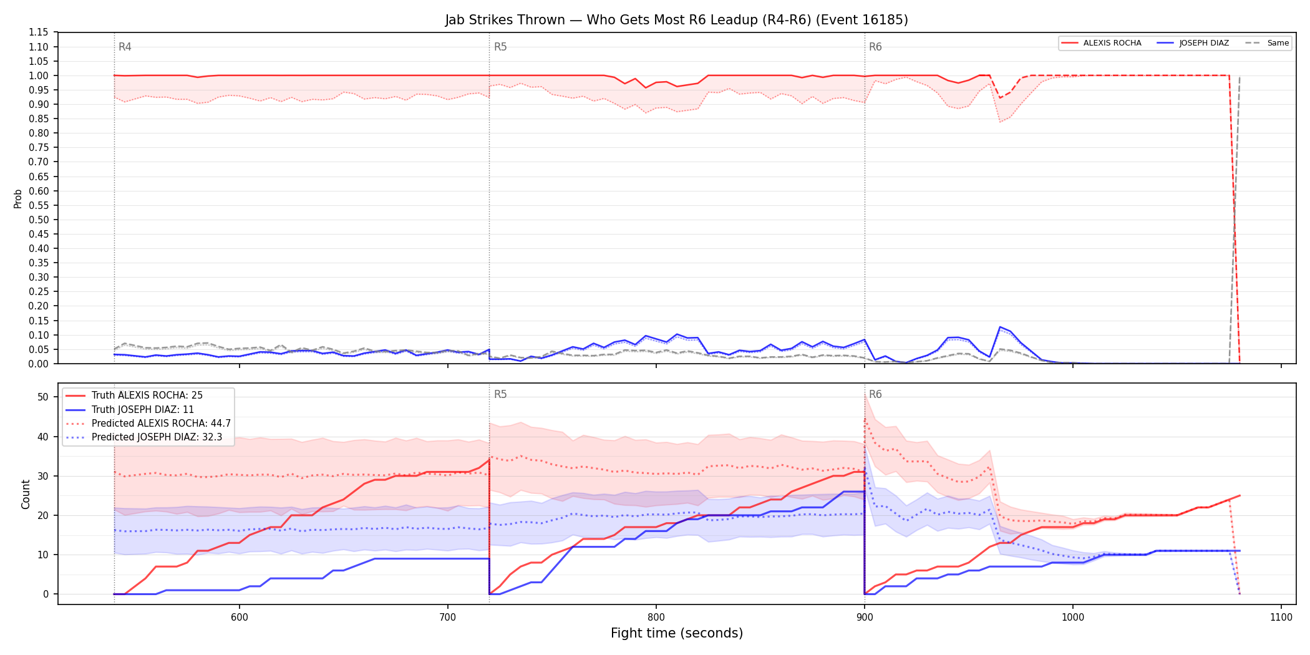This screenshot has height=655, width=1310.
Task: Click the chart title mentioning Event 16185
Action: pos(676,20)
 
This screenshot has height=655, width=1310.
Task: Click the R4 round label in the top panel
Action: pos(125,47)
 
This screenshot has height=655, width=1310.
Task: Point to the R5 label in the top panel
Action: pos(500,47)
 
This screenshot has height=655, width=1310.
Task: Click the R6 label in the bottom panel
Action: pos(875,394)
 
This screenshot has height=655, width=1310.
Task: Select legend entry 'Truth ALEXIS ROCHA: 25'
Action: pos(147,395)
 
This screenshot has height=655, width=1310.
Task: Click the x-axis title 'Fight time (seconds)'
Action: pos(677,633)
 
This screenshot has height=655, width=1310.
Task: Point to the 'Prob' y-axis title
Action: pos(18,198)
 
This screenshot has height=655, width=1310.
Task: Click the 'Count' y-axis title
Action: pos(26,494)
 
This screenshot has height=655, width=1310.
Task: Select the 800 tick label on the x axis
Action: pos(656,618)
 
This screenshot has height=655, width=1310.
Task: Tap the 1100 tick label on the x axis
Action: pos(1281,618)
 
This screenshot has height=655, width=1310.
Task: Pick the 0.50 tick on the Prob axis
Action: pos(39,220)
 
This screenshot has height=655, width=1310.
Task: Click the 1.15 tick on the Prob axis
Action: pos(39,32)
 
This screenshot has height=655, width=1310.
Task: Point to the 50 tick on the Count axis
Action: pos(43,397)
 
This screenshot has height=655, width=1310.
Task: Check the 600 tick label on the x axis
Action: pos(239,618)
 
